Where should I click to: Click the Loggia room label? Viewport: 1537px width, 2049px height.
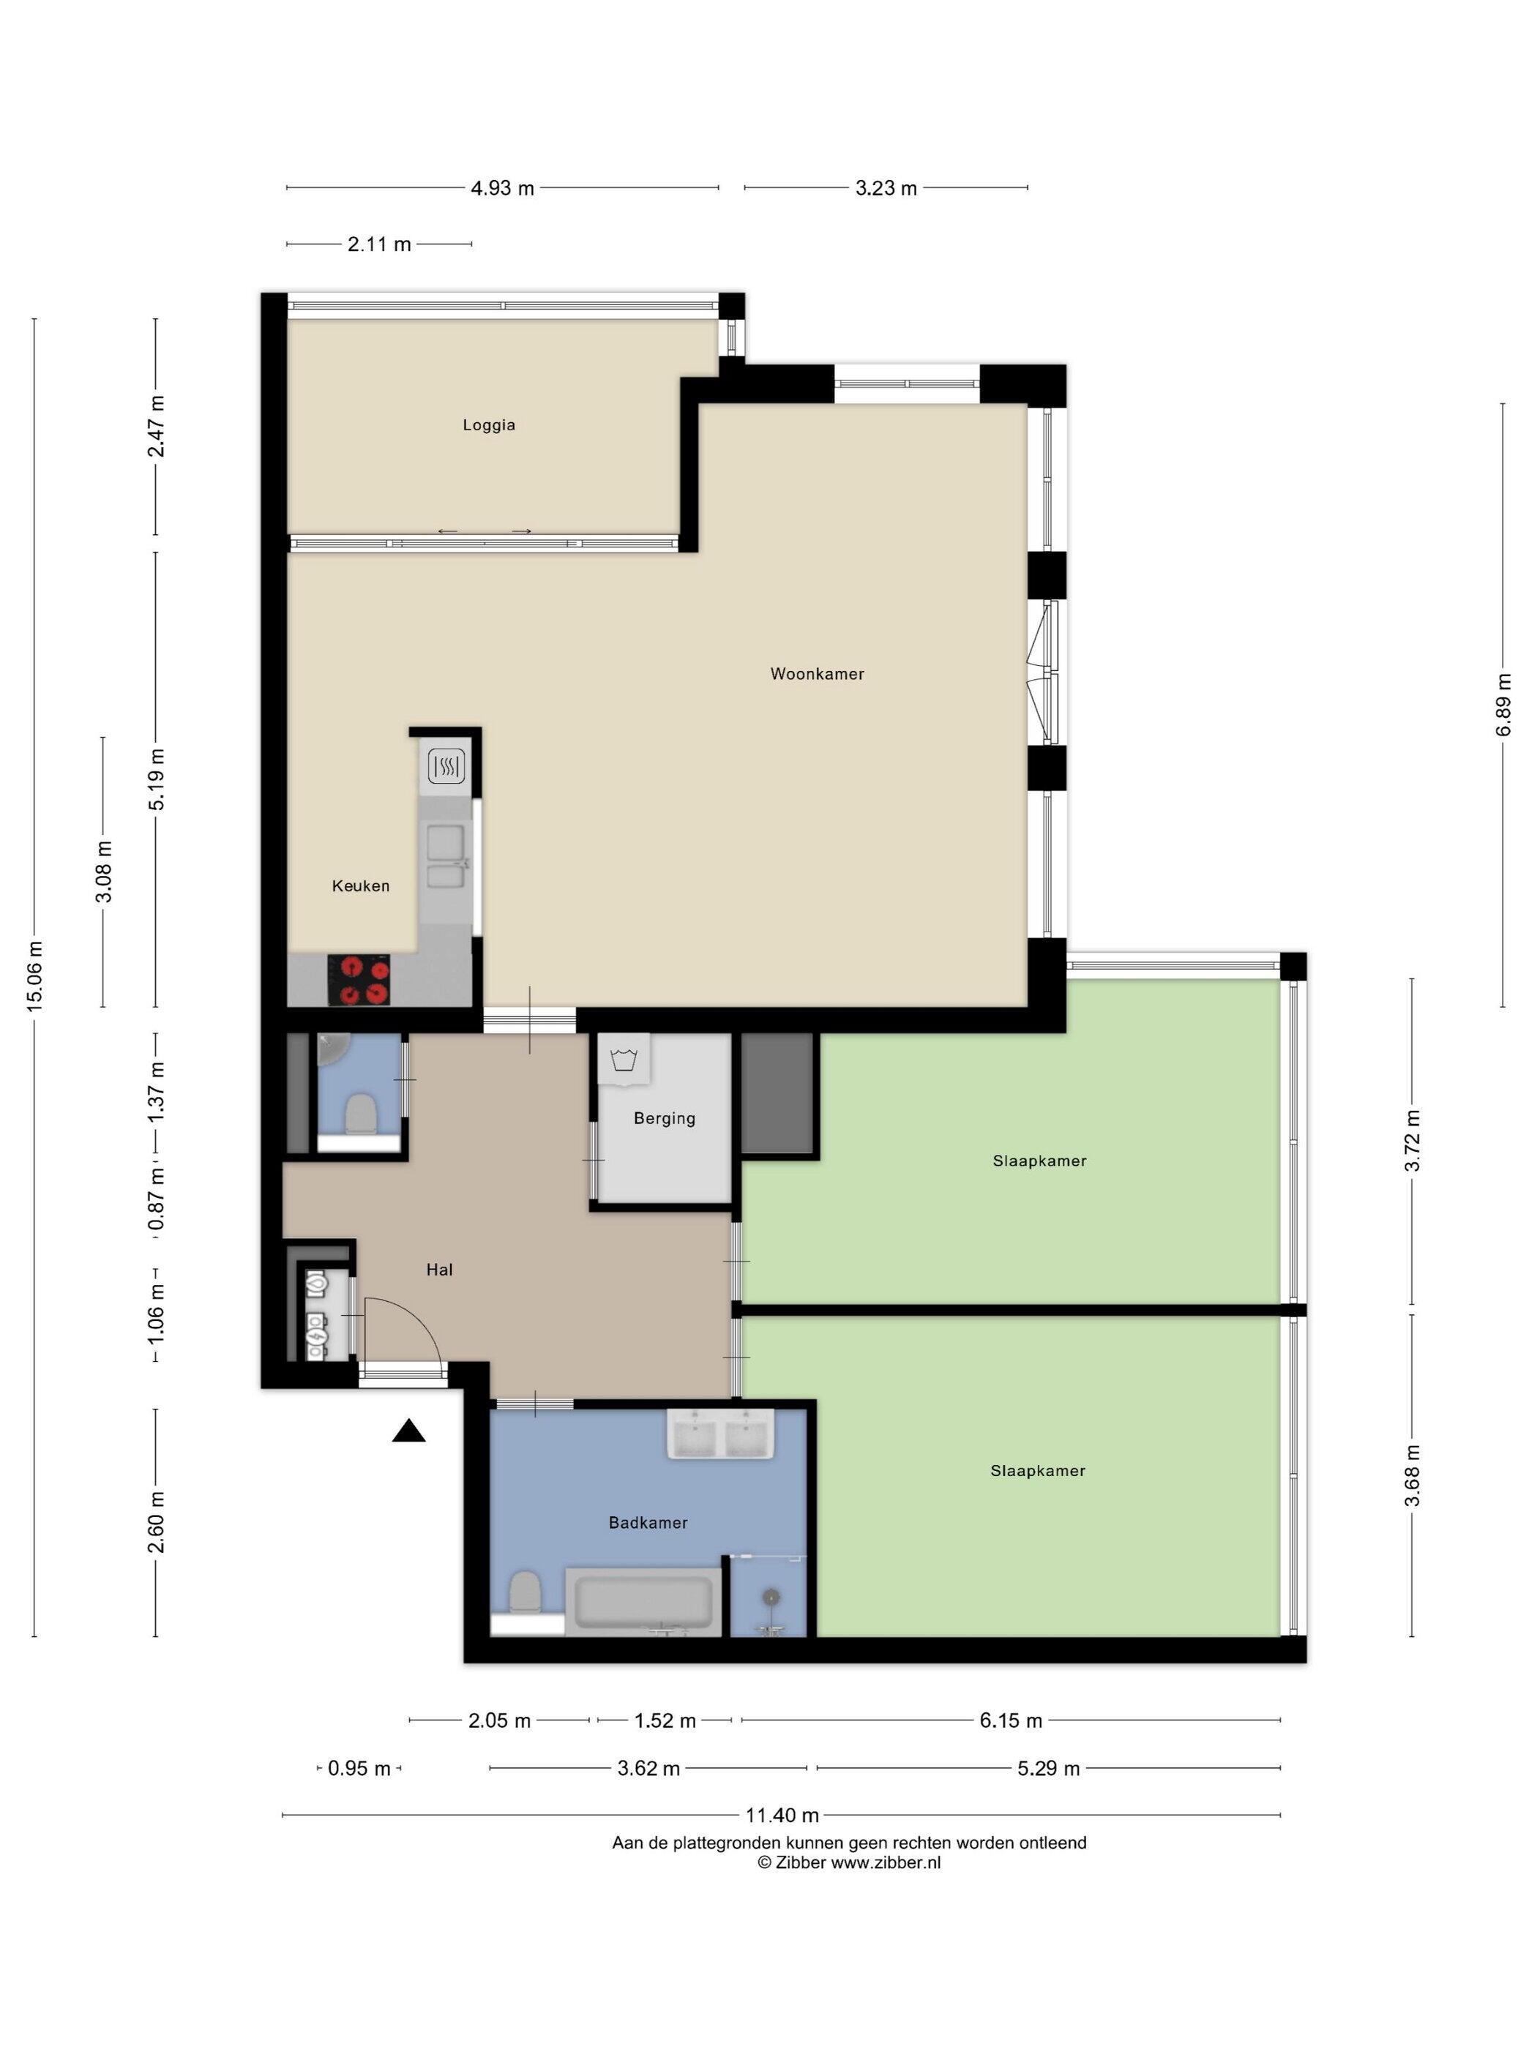(488, 425)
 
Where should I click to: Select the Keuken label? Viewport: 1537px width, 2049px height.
(360, 886)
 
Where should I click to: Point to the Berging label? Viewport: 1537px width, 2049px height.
(665, 1119)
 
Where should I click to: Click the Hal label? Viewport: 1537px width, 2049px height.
(439, 1270)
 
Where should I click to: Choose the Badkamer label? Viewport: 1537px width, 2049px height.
(648, 1523)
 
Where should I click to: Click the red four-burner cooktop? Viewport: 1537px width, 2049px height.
(359, 979)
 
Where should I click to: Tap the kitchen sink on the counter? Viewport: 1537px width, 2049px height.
(446, 857)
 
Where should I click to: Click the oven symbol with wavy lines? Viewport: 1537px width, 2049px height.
(446, 766)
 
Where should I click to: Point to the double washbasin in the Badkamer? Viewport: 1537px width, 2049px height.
(720, 1435)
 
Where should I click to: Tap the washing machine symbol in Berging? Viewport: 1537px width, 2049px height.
(624, 1060)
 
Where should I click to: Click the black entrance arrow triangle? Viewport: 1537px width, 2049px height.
(408, 1432)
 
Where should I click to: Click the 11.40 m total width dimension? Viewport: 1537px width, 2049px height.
(782, 1816)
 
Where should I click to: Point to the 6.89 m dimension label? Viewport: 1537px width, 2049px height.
(1503, 704)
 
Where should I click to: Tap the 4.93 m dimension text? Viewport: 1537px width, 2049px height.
(502, 188)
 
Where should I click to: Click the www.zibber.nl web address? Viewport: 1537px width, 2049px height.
(885, 1863)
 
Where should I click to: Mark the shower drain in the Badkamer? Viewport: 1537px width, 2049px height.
(770, 1597)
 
